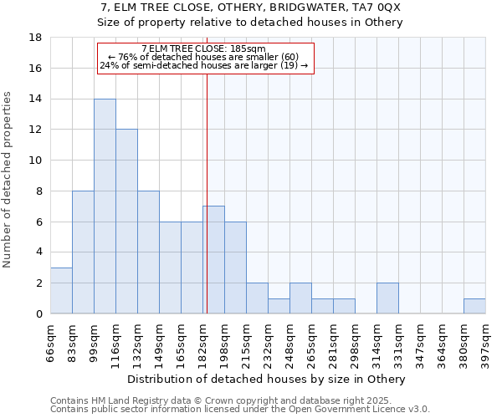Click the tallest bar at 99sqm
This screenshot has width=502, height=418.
(x=105, y=206)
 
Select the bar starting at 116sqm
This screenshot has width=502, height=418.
(x=126, y=222)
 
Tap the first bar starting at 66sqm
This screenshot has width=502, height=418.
(x=61, y=291)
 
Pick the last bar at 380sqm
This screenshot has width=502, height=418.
(x=474, y=306)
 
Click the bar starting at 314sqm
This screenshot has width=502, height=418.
(x=387, y=298)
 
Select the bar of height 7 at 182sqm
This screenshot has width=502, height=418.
(x=213, y=260)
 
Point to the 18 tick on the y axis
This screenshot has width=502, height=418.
(x=36, y=38)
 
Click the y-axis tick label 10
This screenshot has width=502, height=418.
(x=36, y=161)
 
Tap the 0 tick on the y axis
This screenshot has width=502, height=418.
(x=38, y=314)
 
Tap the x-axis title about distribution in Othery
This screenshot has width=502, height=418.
(x=268, y=380)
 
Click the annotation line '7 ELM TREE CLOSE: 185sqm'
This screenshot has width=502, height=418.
(x=204, y=49)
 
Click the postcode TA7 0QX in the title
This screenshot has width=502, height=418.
(x=380, y=7)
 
